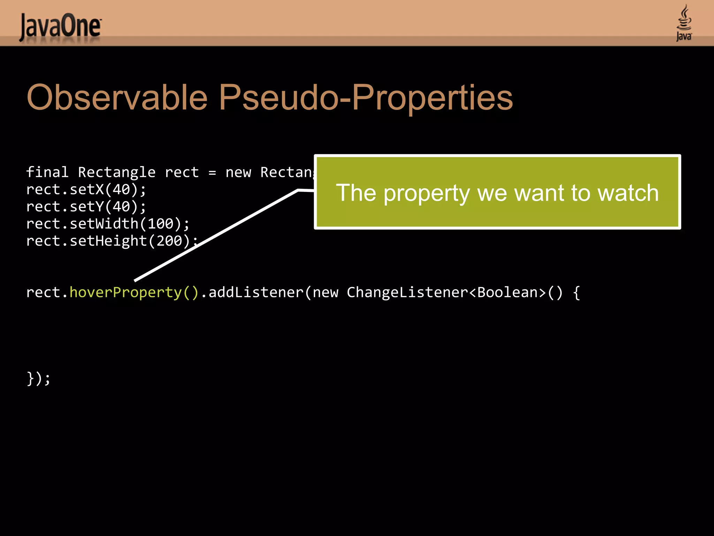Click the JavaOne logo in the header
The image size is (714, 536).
pyautogui.click(x=60, y=27)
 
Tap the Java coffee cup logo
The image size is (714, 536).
pyautogui.click(x=684, y=23)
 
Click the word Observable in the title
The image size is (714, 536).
pyautogui.click(x=117, y=98)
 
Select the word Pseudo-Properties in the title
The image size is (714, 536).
pyautogui.click(x=366, y=98)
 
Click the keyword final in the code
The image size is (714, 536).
pyautogui.click(x=47, y=172)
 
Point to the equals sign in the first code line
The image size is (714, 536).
pyautogui.click(x=212, y=172)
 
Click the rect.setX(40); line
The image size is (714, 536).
pyautogui.click(x=86, y=189)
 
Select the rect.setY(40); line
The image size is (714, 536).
pyautogui.click(x=86, y=207)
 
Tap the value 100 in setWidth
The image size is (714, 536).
pyautogui.click(x=160, y=224)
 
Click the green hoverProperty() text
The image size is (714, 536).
pyautogui.click(x=134, y=292)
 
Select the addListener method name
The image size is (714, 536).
pyautogui.click(x=256, y=292)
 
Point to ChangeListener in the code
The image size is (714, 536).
pyautogui.click(x=407, y=292)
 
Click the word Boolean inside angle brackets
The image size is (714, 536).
pyautogui.click(x=507, y=292)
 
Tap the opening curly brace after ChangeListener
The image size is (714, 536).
pyautogui.click(x=576, y=292)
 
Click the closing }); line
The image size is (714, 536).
pyautogui.click(x=38, y=378)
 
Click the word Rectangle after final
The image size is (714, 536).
pyautogui.click(x=116, y=172)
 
